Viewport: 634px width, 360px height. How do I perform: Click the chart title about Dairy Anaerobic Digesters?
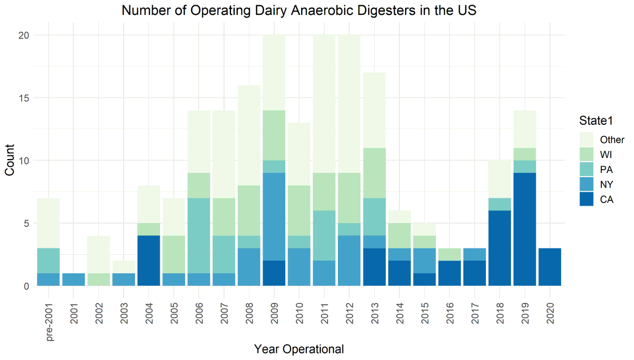(299, 10)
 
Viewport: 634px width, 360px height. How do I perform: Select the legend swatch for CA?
(586, 199)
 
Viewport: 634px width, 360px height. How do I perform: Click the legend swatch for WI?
(586, 155)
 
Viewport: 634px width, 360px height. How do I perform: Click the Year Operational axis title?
(299, 349)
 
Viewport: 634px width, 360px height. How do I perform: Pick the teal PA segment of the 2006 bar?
(199, 236)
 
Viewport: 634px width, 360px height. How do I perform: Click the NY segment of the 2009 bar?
(274, 217)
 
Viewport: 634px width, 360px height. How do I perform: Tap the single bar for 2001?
(74, 280)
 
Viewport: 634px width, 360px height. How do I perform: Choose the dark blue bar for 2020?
(551, 267)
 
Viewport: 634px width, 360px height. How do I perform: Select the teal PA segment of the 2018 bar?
(500, 205)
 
